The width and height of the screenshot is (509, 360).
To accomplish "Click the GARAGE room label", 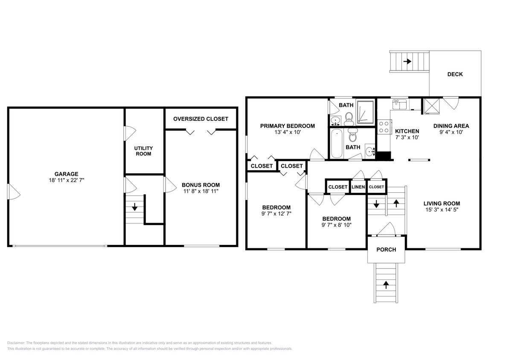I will (66, 174).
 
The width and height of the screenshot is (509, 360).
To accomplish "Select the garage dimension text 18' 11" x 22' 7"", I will (66, 180).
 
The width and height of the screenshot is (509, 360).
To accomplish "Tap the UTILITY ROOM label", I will (143, 151).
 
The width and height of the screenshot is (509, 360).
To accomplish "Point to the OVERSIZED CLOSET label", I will (201, 119).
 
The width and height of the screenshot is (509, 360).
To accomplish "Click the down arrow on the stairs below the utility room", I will (135, 208).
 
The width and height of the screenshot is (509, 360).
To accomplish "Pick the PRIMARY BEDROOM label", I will (288, 126).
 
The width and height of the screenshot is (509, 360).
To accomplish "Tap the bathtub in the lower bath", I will (337, 144).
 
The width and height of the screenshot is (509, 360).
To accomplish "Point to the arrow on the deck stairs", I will (407, 61).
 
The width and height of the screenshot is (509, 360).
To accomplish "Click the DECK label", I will (455, 74).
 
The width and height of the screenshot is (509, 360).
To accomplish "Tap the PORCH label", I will (387, 250).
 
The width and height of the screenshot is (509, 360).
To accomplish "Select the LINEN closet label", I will (358, 187).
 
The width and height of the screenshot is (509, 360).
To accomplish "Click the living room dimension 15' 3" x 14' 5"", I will (442, 209).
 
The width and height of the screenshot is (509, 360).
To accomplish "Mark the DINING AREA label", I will (451, 126).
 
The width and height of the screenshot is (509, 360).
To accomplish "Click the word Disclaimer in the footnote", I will (16, 343).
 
